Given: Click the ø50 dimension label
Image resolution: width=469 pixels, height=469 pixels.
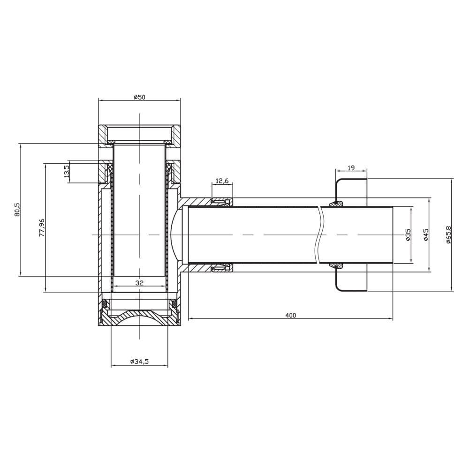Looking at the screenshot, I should [139, 97].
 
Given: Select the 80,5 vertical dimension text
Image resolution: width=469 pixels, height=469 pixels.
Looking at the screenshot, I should [17, 210].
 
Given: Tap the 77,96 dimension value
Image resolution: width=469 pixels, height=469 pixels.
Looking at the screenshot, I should [42, 227].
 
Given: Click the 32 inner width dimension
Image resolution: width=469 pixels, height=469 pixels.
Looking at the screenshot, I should [139, 282].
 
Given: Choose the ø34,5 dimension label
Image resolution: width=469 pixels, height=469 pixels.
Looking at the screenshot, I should [139, 361].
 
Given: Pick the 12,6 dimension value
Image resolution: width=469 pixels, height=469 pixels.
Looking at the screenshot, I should [222, 181].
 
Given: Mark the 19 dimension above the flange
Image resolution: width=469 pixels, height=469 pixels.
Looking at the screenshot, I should [351, 167].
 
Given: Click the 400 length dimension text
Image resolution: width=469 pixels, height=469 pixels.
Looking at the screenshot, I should [290, 315].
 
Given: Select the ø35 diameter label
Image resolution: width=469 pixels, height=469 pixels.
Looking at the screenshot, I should [408, 234].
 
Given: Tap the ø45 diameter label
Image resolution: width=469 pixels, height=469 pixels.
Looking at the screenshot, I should [426, 234].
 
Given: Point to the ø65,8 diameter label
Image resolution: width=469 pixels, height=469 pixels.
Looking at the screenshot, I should [448, 234].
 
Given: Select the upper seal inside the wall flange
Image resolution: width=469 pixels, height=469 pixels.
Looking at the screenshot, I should [336, 203].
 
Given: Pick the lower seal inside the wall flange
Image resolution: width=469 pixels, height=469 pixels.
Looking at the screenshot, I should [336, 266].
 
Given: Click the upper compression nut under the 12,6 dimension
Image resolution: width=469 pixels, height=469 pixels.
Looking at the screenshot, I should [221, 202].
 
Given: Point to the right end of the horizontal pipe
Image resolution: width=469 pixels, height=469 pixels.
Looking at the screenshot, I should [393, 234].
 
